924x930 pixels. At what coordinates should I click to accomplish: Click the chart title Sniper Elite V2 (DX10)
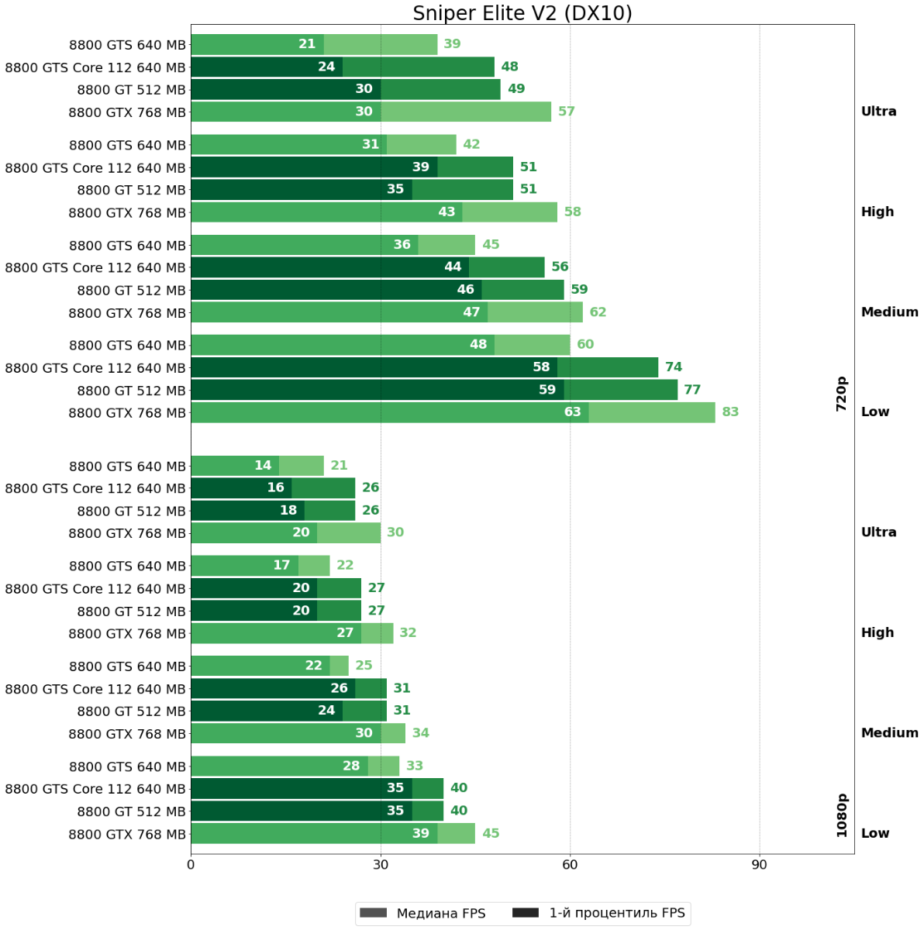522,13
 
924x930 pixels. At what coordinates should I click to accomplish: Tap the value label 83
730,412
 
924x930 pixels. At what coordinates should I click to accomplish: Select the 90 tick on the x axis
759,865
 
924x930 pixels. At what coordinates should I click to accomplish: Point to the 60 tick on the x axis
570,865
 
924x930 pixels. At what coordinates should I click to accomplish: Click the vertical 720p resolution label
842,394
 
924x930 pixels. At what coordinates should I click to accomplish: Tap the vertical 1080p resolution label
842,815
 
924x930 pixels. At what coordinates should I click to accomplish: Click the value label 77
692,390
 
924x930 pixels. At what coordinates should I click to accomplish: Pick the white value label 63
573,412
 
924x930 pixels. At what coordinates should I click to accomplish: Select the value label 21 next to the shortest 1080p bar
339,466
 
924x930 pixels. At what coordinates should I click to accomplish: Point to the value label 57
567,112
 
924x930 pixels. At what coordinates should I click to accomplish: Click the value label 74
674,367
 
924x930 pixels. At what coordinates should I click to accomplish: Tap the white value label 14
263,466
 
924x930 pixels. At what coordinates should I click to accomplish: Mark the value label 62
598,312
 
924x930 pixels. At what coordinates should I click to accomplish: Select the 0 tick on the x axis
191,865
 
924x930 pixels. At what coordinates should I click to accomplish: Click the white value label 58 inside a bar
541,367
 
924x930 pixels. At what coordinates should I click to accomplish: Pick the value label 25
364,666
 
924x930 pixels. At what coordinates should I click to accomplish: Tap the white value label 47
471,312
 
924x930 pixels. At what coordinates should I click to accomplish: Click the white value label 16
276,488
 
